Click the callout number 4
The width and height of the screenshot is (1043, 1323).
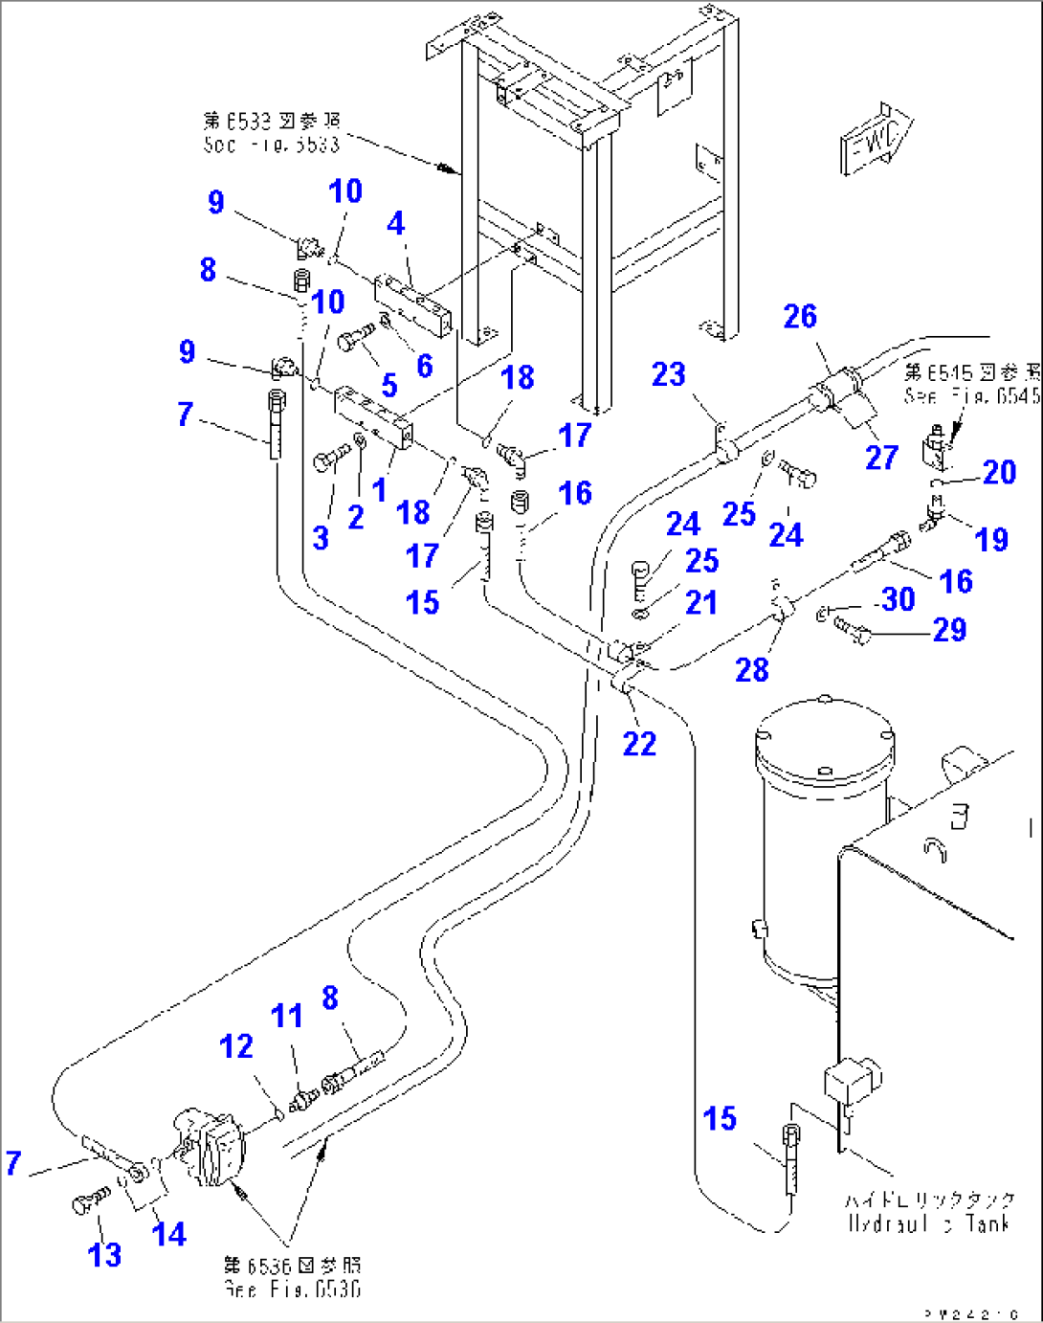395,223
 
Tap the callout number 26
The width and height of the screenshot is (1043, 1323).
800,316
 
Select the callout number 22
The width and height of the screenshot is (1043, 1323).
639,743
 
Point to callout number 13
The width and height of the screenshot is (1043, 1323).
104,1254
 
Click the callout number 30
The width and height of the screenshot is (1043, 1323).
898,599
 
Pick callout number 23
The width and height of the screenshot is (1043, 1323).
669,373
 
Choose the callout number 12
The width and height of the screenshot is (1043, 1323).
236,1046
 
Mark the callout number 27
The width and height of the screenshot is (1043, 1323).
881,457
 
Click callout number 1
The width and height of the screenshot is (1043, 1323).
380,489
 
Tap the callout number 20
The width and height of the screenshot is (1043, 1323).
999,471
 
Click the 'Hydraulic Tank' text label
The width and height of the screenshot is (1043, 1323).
929,1211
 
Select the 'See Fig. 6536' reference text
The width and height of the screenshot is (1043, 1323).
293,1277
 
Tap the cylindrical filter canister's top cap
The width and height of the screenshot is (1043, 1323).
825,736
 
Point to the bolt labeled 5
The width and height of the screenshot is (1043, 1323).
357,338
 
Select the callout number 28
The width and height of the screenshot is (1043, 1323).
752,669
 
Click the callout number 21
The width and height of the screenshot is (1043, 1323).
701,602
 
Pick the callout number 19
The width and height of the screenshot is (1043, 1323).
991,539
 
